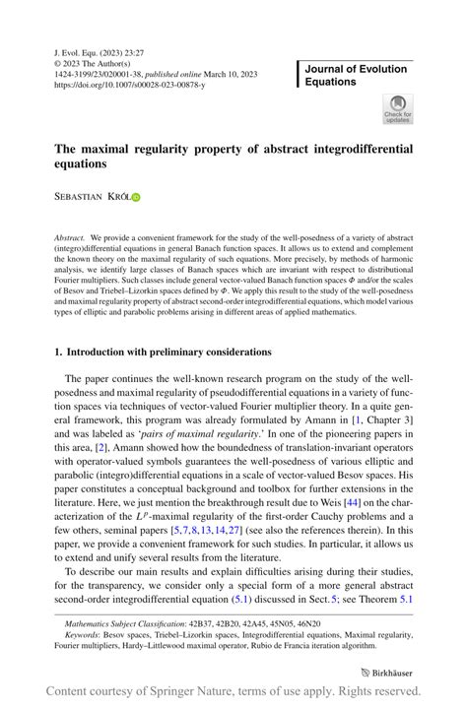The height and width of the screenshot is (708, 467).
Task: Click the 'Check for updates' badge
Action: click(x=398, y=109)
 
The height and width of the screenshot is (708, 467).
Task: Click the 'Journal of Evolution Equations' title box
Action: click(x=356, y=75)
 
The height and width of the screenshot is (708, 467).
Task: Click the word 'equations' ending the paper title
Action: click(x=85, y=164)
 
